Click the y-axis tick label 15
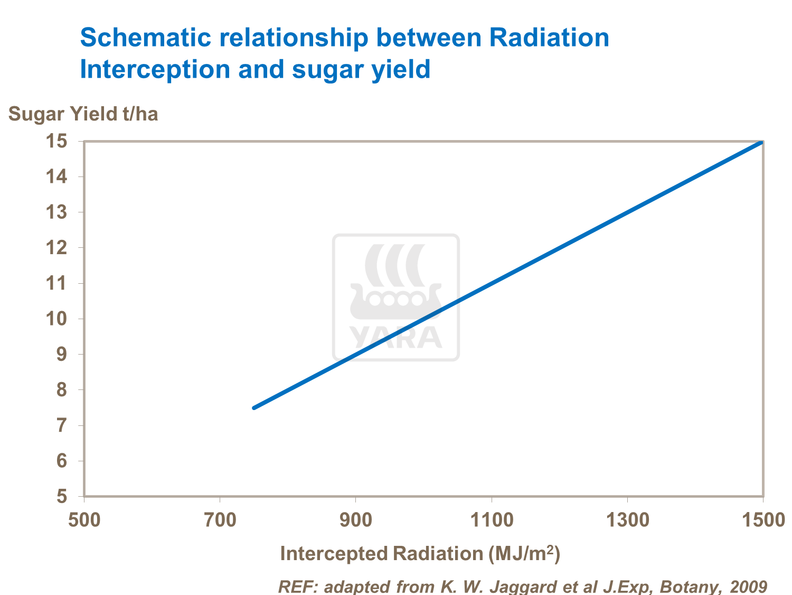tap(57, 141)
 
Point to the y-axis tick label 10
tap(57, 319)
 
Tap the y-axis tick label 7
tap(62, 425)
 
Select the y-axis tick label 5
tap(62, 497)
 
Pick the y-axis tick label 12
tap(57, 248)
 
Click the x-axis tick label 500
tap(84, 520)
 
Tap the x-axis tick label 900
tap(355, 520)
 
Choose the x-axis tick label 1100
tap(491, 520)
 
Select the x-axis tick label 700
tap(220, 520)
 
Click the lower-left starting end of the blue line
tap(254, 407)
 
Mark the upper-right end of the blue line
tap(761, 142)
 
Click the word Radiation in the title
tap(549, 38)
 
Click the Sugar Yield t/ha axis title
tap(83, 114)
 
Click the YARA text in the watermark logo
tap(396, 338)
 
